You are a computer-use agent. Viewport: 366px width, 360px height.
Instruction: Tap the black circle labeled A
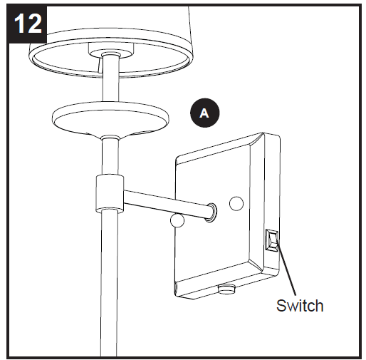(204, 113)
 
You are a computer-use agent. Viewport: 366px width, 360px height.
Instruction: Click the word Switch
(300, 306)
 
